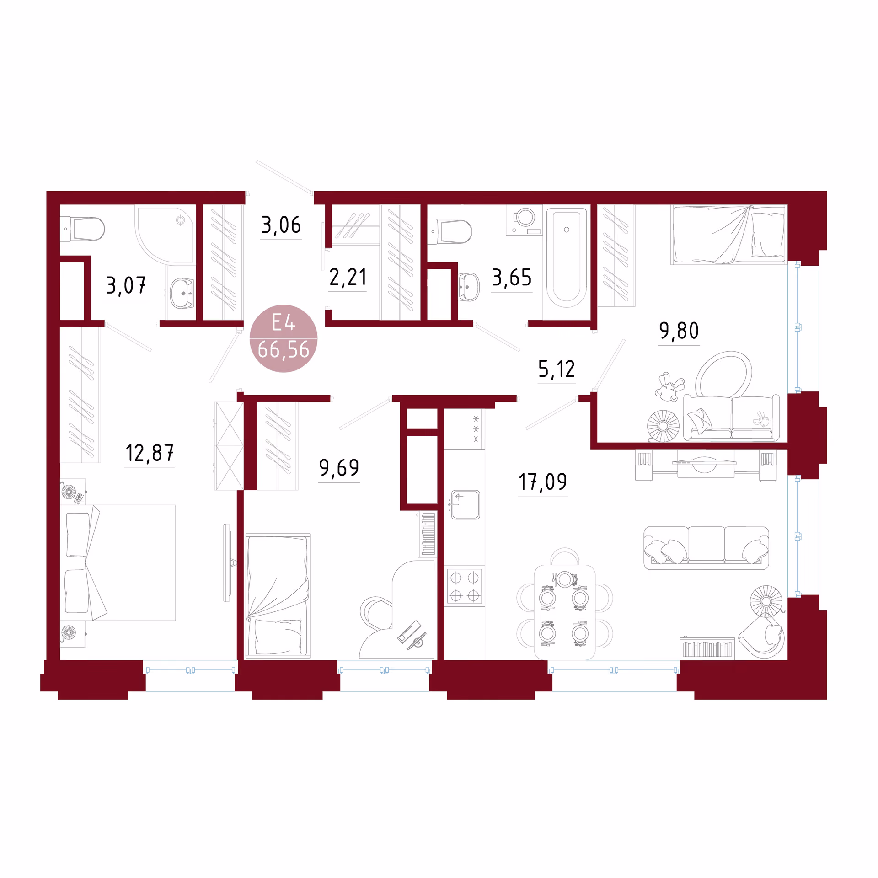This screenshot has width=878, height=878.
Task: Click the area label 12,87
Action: pos(150,453)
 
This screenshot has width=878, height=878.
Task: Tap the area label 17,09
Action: pos(543,482)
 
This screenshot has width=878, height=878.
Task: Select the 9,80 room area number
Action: pos(679,331)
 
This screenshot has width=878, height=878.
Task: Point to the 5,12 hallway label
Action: pos(557,369)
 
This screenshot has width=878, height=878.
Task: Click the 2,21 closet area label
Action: pos(348,277)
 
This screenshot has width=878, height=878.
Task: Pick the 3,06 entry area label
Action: pos(281,225)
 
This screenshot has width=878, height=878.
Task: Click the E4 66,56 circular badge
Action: pos(284,338)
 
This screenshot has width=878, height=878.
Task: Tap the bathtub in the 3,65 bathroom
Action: pos(567,257)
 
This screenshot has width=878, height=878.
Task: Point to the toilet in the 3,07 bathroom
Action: pos(82,229)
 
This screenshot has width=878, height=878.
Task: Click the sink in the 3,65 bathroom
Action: pos(469,287)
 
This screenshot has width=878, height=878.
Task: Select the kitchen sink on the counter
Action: pos(466,505)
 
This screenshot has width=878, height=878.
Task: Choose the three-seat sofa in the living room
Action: pos(706,548)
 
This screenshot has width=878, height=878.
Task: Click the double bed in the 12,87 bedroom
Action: pos(118,562)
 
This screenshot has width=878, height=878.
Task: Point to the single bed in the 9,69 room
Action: pos(278,596)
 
